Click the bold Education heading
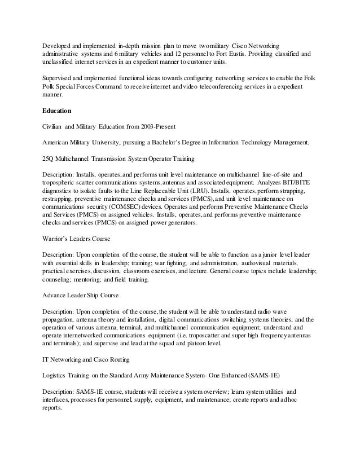(60, 111)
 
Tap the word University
(120, 143)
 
